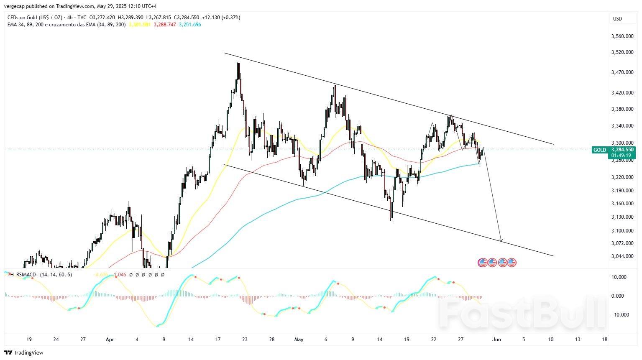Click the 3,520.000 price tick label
click(x=622, y=52)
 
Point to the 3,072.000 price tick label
click(x=622, y=243)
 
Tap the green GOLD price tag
click(x=599, y=150)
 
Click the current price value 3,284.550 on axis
click(x=622, y=149)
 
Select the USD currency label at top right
click(x=617, y=19)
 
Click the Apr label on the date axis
click(x=110, y=340)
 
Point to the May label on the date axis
click(x=299, y=340)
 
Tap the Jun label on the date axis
click(x=496, y=340)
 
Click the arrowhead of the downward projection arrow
click(x=501, y=240)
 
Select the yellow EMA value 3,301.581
click(x=140, y=25)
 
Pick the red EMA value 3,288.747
click(x=165, y=25)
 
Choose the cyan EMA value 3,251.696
click(x=190, y=25)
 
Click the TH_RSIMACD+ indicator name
click(x=23, y=275)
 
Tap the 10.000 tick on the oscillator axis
click(x=619, y=277)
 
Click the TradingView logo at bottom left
click(x=24, y=352)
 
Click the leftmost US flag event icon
click(x=482, y=263)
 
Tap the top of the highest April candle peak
click(x=238, y=62)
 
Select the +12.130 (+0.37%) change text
click(x=221, y=18)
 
